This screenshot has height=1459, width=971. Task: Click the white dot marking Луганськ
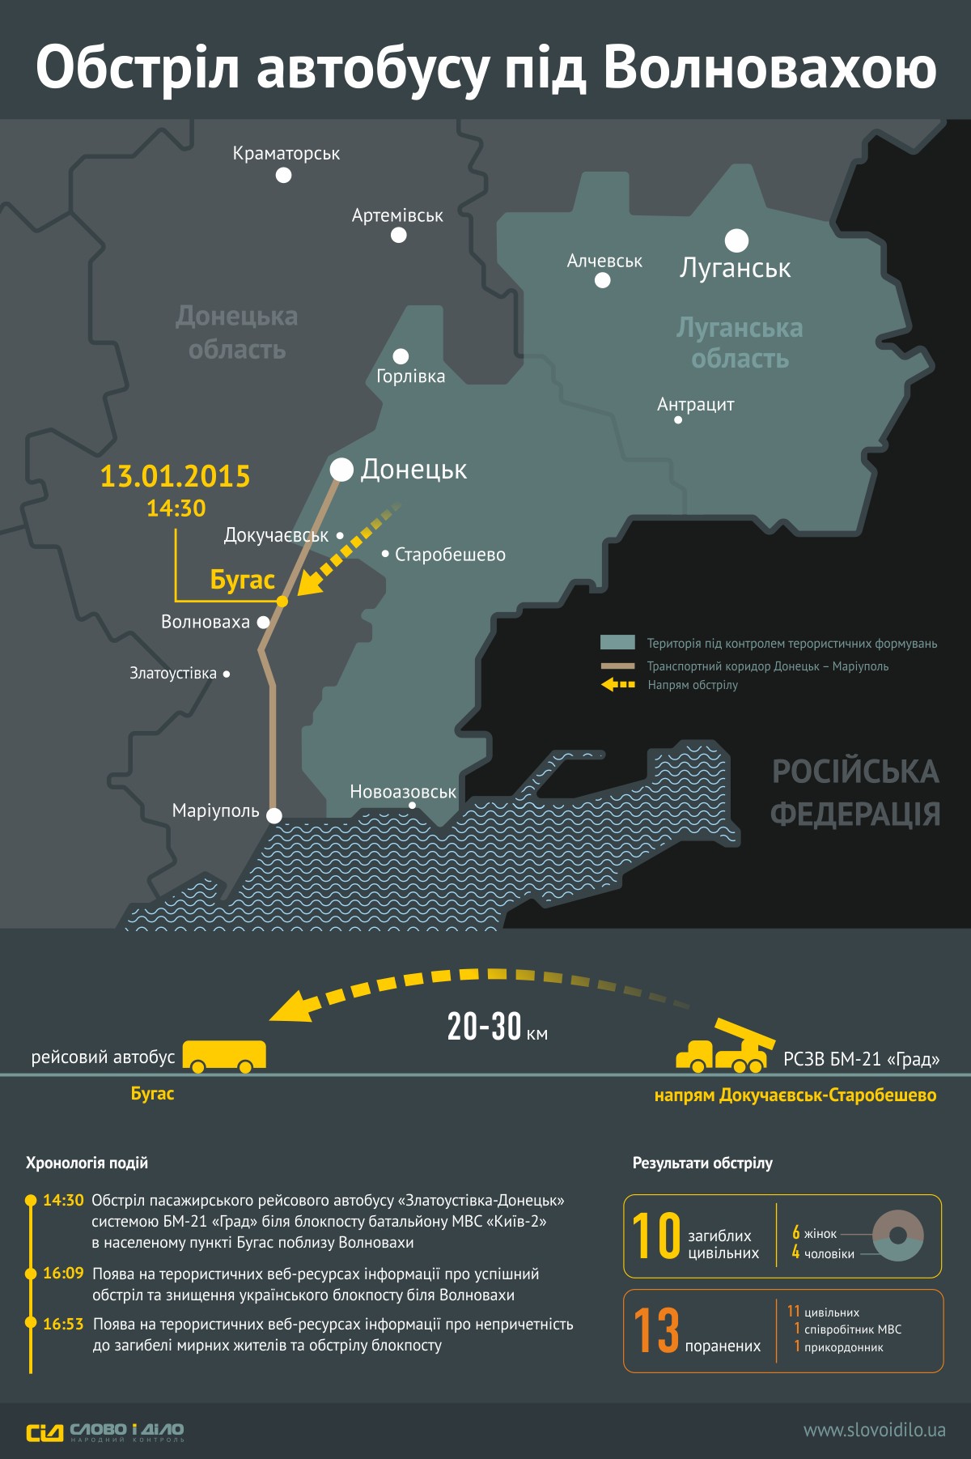(736, 240)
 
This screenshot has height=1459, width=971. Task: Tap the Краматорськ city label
(286, 153)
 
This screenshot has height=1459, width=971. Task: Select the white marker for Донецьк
(341, 470)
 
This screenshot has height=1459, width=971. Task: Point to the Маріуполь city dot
(274, 815)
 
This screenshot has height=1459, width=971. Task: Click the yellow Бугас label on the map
(242, 580)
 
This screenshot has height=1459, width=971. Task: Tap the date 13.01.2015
(175, 476)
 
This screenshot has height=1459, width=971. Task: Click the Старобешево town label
(450, 555)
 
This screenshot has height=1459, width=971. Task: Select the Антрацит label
(695, 404)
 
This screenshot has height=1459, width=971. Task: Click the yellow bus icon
(224, 1056)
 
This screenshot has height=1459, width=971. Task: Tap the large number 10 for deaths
(656, 1236)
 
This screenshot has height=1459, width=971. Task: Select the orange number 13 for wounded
(656, 1330)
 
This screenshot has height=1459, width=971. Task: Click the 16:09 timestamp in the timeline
(63, 1274)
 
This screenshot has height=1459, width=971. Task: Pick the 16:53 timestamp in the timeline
(63, 1324)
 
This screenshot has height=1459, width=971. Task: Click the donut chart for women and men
(897, 1236)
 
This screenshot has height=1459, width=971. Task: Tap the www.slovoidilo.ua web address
(874, 1431)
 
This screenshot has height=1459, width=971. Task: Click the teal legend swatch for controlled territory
(617, 643)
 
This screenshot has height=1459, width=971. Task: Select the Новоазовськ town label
(403, 792)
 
